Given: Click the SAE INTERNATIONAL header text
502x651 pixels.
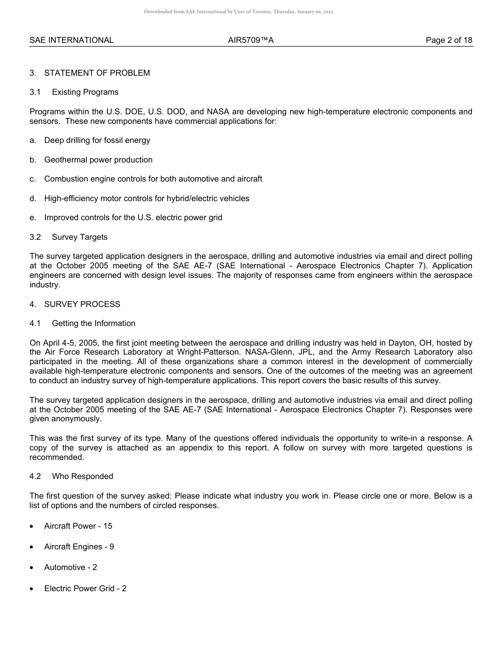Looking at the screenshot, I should coord(71,40).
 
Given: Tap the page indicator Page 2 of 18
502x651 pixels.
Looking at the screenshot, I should coord(449,40).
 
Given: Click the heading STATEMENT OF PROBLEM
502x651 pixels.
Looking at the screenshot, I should coord(97,73).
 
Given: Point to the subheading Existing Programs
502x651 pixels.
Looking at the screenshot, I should coord(85,92).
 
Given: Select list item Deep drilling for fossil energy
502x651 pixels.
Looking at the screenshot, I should coord(97,140).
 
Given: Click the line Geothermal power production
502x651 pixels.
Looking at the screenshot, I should coord(98,160).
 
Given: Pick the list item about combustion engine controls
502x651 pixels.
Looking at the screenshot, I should coord(153,179).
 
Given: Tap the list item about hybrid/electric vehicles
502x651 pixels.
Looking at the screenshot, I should coord(147,198).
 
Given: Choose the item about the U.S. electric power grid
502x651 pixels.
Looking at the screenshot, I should coord(133,218).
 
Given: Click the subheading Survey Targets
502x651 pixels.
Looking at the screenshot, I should coord(80,237).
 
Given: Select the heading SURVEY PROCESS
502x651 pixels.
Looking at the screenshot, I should coord(82,304).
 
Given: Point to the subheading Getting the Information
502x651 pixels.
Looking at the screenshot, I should coord(94,323).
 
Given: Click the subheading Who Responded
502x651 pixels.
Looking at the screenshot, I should coord(82,476).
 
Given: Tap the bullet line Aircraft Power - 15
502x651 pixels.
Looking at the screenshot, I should coord(78,526).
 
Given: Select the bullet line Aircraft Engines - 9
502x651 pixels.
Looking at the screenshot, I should coord(79,547).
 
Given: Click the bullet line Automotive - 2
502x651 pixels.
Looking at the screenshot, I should coord(71,567).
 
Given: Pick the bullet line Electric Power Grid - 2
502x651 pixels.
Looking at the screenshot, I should coord(85,589).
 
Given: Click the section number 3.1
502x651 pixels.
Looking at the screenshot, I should coord(35,92).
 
